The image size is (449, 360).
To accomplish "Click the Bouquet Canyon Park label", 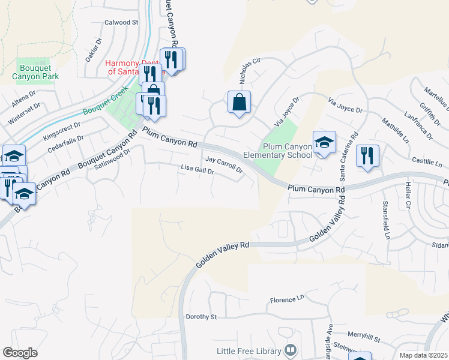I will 38,69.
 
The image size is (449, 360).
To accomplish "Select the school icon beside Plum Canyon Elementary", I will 324,143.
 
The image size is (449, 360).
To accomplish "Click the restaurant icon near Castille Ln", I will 367,155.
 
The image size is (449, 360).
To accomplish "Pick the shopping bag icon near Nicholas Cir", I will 239,103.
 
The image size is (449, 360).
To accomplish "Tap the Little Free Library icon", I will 291,349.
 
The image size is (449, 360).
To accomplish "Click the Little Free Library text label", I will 249,351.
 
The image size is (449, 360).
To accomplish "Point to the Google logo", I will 20,353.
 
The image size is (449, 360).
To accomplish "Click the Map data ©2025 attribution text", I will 423,355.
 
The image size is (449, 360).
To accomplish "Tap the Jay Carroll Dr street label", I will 224,164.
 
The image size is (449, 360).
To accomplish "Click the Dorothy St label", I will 201,316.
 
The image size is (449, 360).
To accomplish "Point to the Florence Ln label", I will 287,299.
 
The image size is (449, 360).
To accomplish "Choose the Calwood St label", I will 121,22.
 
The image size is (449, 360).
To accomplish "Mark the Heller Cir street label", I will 407,196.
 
